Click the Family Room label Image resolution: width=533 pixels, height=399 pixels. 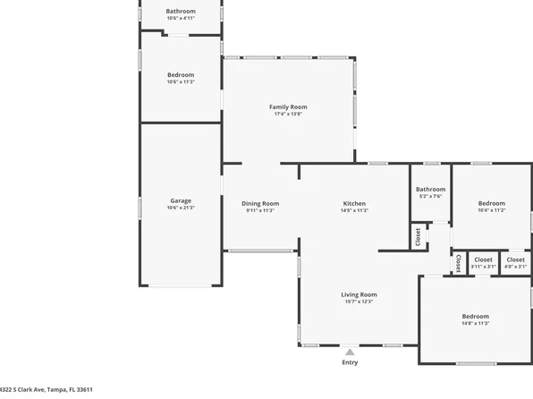point(288,106)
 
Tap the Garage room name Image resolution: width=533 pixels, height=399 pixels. point(181,200)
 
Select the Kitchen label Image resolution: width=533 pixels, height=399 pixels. point(354,203)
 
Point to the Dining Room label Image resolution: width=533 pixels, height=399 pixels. point(260,203)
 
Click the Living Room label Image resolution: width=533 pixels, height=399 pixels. point(359,294)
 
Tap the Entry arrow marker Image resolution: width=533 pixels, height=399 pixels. point(350,352)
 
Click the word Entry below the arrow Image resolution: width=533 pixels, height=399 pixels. point(350,362)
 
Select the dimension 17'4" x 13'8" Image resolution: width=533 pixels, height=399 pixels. point(288,115)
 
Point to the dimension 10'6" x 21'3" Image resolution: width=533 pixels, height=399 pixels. point(181,208)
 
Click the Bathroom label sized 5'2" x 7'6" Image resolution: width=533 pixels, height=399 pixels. point(430,189)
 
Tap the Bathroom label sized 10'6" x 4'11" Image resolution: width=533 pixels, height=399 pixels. point(181,11)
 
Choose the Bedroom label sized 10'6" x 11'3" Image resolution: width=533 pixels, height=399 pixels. point(181,74)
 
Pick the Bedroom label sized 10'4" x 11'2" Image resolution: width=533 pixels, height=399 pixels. point(491,203)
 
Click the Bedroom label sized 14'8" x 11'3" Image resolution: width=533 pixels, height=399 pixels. point(475,316)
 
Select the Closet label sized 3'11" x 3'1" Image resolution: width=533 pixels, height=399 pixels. point(483,259)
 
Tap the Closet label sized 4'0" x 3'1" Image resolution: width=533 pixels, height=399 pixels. point(515,259)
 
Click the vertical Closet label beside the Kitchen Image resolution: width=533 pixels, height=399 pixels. point(418,236)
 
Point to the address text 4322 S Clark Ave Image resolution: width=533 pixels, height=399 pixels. point(45,390)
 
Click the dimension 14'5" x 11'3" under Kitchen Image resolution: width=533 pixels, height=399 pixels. point(354,211)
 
